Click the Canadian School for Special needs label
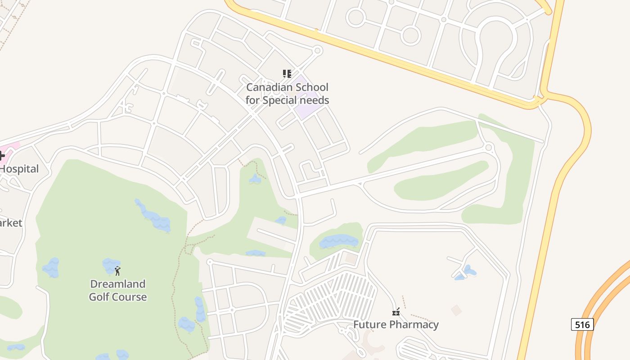click(x=287, y=94)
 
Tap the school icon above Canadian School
click(x=287, y=73)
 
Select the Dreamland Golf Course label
click(x=117, y=290)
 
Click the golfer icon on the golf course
click(x=117, y=271)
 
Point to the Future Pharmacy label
click(x=396, y=324)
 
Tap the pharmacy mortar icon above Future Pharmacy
click(x=396, y=311)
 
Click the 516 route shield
click(x=582, y=324)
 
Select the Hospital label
click(x=20, y=169)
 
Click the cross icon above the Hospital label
click(x=1, y=156)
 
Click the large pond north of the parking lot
click(x=338, y=242)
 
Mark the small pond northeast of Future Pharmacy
click(x=468, y=271)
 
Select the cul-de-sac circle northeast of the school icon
click(x=317, y=50)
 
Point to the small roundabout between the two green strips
click(x=489, y=147)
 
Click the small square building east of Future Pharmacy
click(x=456, y=310)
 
